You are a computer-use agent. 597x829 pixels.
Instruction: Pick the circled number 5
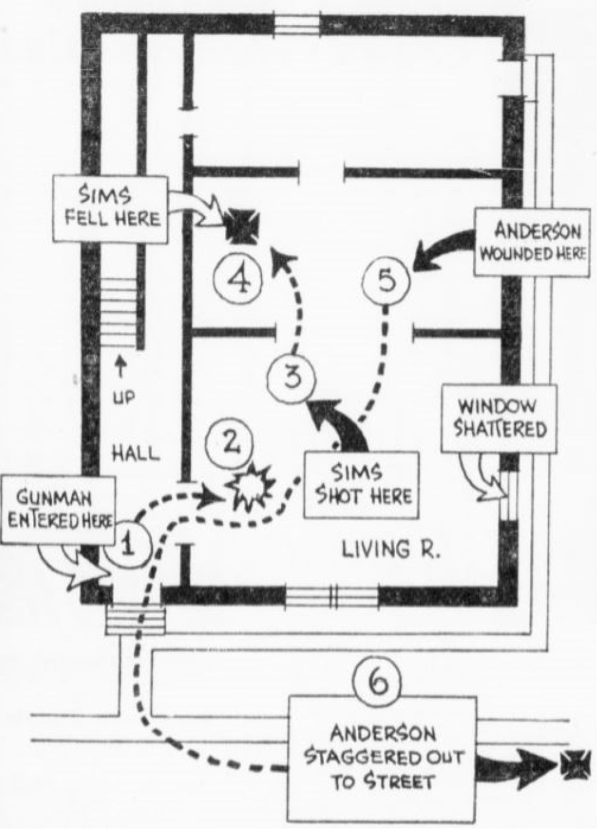pyautogui.click(x=387, y=280)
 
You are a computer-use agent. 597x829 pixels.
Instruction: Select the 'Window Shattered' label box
pyautogui.click(x=498, y=418)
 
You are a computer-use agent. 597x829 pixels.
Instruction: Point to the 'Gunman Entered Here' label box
pyautogui.click(x=58, y=508)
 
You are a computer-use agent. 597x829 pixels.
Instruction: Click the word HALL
pyautogui.click(x=137, y=454)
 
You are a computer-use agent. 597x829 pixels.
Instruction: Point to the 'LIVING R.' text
pyautogui.click(x=391, y=548)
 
